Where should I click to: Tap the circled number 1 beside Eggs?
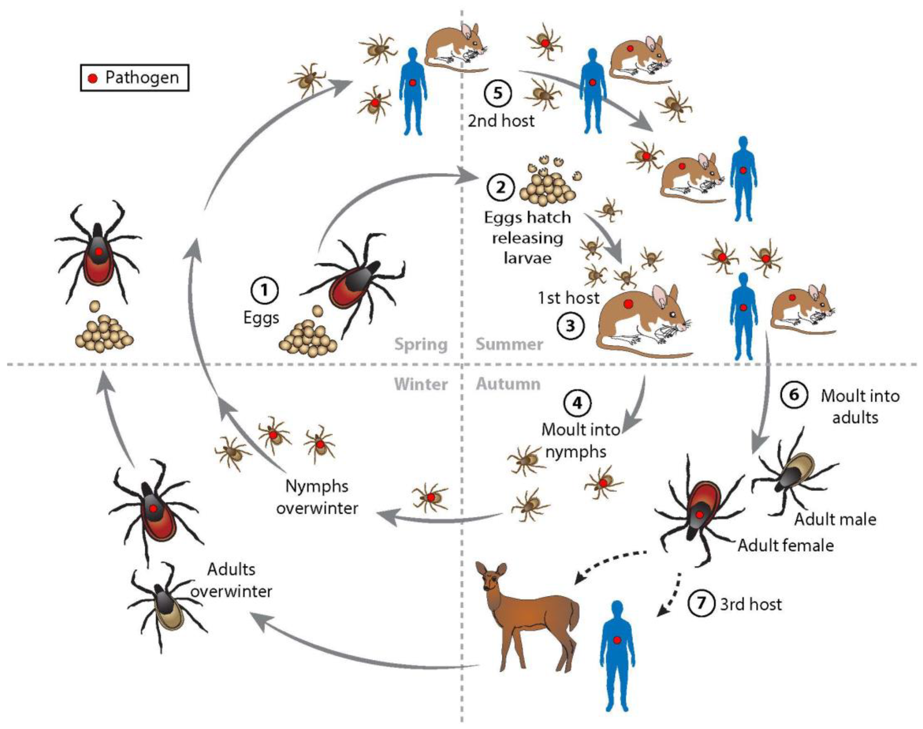coord(264,291)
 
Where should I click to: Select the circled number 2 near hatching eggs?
coord(501,187)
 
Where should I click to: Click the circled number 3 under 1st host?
coord(570,326)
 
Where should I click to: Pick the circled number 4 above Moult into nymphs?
coord(578,403)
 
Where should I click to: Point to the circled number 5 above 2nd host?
coord(498,93)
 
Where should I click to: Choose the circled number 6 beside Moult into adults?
coord(794,395)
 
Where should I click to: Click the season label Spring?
coord(421,344)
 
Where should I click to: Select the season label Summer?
coord(509,344)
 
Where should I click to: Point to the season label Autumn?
coord(508,384)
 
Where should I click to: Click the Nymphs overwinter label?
coord(317,497)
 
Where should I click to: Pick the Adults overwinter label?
coord(231,580)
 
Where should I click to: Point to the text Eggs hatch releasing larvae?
coord(527,238)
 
